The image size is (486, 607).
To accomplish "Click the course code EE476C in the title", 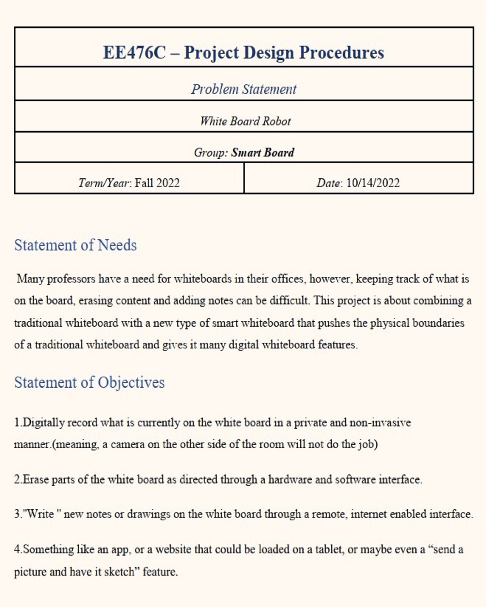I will click(x=134, y=53).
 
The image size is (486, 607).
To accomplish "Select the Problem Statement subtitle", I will click(x=244, y=90).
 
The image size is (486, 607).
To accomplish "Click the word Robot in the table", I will click(x=276, y=121).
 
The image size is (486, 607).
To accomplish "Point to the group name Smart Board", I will click(x=262, y=152).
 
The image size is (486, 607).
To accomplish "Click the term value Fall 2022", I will click(x=157, y=183).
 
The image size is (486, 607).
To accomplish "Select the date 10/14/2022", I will click(x=373, y=183).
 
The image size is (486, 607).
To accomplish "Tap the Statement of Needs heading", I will click(x=75, y=245).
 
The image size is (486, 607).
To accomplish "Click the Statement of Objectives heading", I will click(x=89, y=382).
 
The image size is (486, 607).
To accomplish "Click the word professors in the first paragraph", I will click(x=71, y=279).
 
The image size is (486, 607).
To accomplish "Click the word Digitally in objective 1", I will click(x=44, y=422).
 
